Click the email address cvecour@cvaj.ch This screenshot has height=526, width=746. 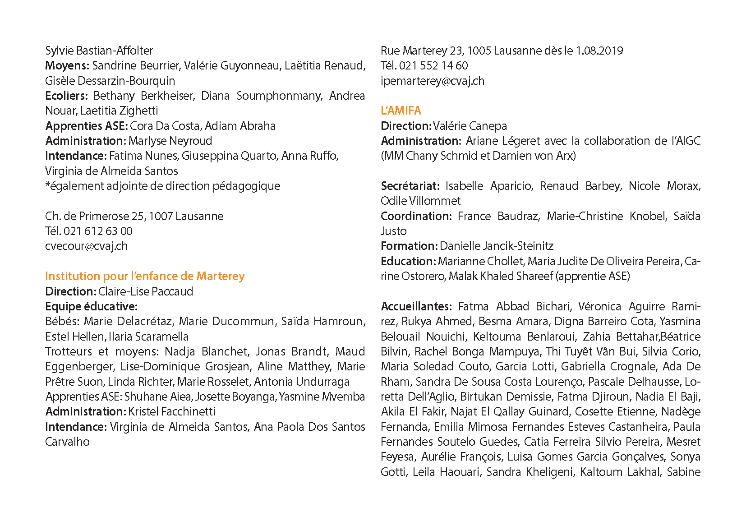tap(86, 246)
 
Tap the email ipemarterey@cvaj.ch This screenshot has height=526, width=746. tap(432, 81)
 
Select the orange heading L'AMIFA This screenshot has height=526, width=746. tap(401, 111)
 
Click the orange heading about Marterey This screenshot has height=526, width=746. tap(145, 276)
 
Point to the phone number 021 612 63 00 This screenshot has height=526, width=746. tap(98, 231)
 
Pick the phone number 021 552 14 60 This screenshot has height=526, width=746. tap(433, 66)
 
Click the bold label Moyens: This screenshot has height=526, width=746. tap(67, 66)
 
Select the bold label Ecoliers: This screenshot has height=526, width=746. tap(66, 96)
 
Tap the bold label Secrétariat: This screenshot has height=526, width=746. tap(410, 186)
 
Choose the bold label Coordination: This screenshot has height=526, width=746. tap(416, 217)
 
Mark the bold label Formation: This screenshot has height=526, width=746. tap(409, 246)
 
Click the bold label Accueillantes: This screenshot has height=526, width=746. tap(416, 307)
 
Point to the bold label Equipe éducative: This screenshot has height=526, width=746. tap(91, 307)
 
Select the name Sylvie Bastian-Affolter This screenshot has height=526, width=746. tap(99, 51)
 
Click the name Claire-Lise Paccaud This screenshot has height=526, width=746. tap(146, 291)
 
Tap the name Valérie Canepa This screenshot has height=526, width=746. tap(470, 126)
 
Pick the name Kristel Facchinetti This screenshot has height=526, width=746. tap(172, 412)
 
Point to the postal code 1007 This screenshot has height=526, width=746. tap(161, 217)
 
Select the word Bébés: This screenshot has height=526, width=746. tap(62, 322)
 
